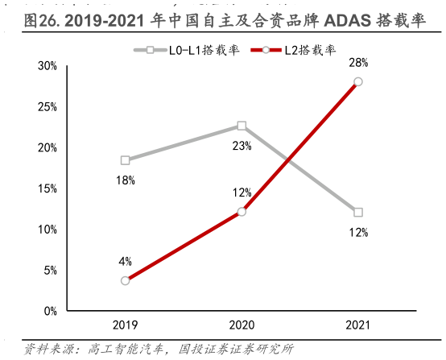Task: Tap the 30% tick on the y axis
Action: click(47, 66)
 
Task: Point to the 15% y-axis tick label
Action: click(47, 188)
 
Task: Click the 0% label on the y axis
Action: click(49, 311)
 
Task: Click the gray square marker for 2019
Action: click(125, 160)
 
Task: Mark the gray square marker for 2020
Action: click(242, 126)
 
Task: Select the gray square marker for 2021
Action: click(358, 213)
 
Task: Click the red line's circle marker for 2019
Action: click(125, 280)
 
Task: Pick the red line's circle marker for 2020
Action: click(242, 212)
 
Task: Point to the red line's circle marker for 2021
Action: click(358, 81)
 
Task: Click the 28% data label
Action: click(358, 63)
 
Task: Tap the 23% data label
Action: click(242, 146)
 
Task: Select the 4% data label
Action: click(126, 261)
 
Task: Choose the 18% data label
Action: click(125, 180)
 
